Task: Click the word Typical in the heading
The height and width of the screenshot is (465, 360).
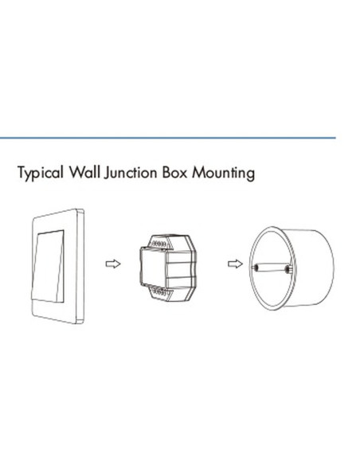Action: pos(41,173)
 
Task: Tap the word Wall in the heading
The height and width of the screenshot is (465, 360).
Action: pos(84,172)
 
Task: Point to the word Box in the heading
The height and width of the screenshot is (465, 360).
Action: pos(175,172)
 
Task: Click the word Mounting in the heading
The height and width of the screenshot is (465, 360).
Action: pos(223,174)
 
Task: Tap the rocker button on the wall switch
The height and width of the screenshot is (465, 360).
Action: pos(48,266)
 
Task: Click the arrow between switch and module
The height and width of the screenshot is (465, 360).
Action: pos(113,264)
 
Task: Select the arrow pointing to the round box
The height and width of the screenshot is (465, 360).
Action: pos(235,264)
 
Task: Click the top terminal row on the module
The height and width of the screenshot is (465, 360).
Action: pos(159,244)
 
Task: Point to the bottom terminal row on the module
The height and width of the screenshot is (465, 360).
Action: pos(160,292)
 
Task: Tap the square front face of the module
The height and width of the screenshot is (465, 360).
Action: pos(153,268)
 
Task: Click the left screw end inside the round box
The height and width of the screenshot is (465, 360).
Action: pos(255,268)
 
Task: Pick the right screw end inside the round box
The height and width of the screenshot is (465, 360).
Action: pos(288,269)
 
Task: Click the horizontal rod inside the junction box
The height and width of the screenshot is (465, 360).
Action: pos(271,268)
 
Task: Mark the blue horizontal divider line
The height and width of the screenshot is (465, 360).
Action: pos(168,138)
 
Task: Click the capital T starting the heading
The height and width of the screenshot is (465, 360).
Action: pos(22,172)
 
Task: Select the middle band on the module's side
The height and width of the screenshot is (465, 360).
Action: pos(182,269)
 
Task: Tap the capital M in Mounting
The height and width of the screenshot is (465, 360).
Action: pos(198,173)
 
